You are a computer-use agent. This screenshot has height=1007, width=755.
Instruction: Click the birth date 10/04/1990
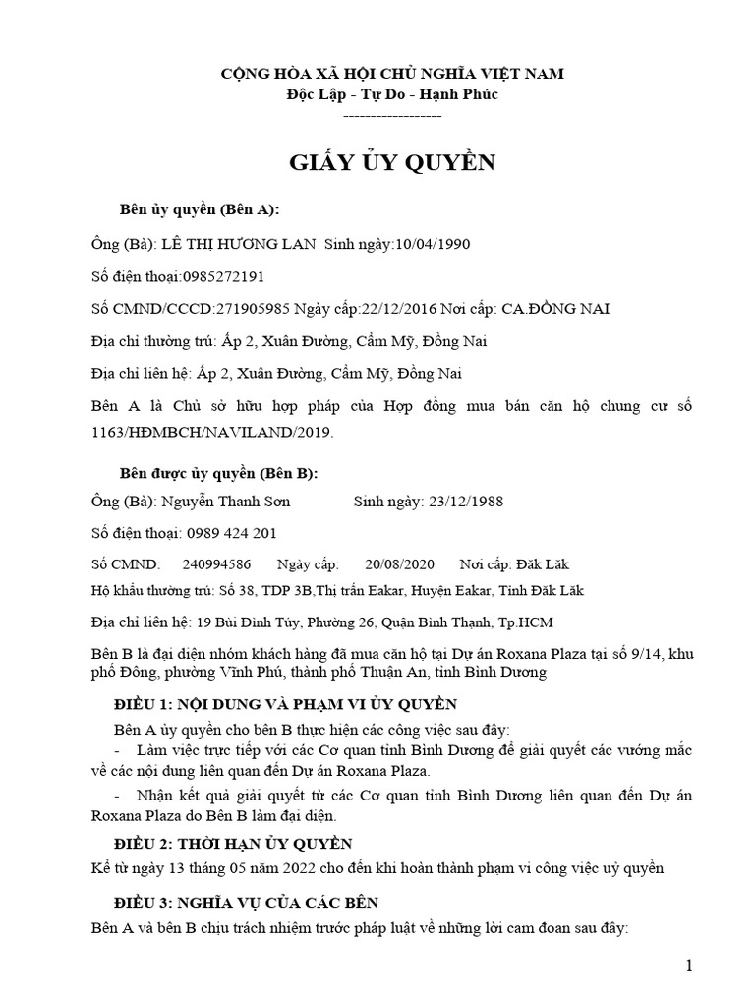coord(438,243)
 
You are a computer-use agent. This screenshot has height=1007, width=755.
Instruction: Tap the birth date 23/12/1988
coord(466,501)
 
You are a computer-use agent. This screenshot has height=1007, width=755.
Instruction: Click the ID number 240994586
coord(216,564)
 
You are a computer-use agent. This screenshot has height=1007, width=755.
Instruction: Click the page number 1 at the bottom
coord(690,966)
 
